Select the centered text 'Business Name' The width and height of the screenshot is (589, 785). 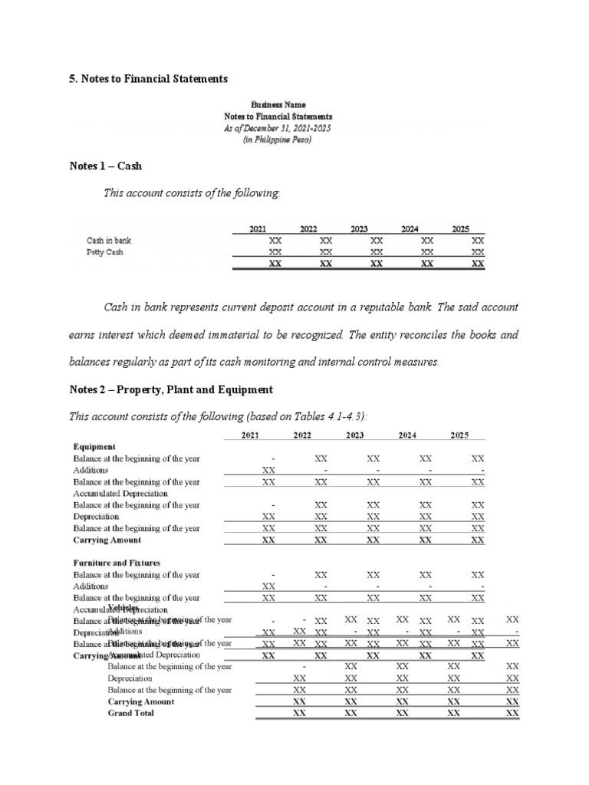[278, 104]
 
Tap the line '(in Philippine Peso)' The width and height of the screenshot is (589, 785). [278, 140]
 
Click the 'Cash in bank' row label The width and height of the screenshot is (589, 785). [109, 241]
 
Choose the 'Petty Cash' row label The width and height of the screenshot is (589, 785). [104, 251]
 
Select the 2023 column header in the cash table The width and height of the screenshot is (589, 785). [359, 228]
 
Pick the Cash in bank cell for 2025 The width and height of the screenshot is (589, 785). [478, 241]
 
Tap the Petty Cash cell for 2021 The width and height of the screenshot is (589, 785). [274, 251]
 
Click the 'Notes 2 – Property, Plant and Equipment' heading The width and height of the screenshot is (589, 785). [170, 389]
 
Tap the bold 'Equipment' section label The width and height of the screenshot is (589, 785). [94, 446]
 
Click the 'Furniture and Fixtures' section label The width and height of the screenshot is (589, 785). [117, 563]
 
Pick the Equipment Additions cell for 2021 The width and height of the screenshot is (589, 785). [268, 470]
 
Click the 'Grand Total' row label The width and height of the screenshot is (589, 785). [130, 713]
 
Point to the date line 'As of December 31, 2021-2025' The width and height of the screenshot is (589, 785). [278, 128]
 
